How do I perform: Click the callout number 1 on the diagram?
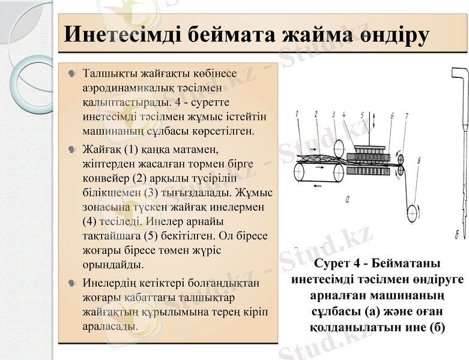coord(297,113)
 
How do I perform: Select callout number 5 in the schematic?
coord(362,113)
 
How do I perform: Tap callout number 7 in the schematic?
coord(407,115)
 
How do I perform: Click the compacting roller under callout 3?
coord(339,147)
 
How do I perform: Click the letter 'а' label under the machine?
coord(349,200)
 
